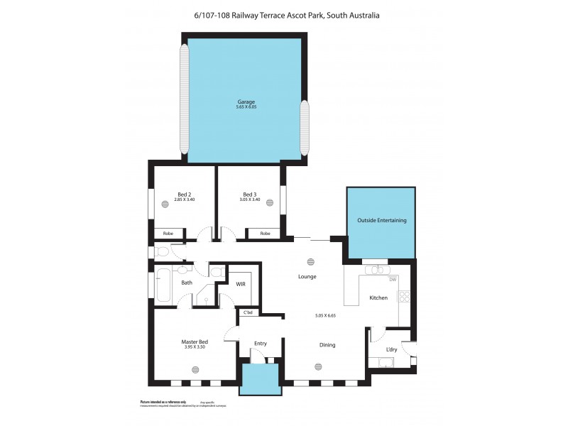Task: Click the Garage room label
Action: (x=246, y=102)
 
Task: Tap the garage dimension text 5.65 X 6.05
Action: (x=246, y=107)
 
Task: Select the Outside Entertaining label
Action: (x=381, y=221)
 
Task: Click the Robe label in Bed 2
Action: (x=168, y=233)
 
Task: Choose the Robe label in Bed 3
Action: (x=265, y=233)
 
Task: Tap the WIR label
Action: (x=241, y=284)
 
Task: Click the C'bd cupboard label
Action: (x=248, y=312)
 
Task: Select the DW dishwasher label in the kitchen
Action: (x=392, y=280)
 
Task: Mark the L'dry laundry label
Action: (x=392, y=349)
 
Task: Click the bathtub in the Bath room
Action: (x=163, y=285)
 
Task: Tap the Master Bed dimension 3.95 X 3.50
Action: (x=195, y=347)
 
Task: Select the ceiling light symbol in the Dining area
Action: (x=317, y=367)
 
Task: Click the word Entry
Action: (x=260, y=344)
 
